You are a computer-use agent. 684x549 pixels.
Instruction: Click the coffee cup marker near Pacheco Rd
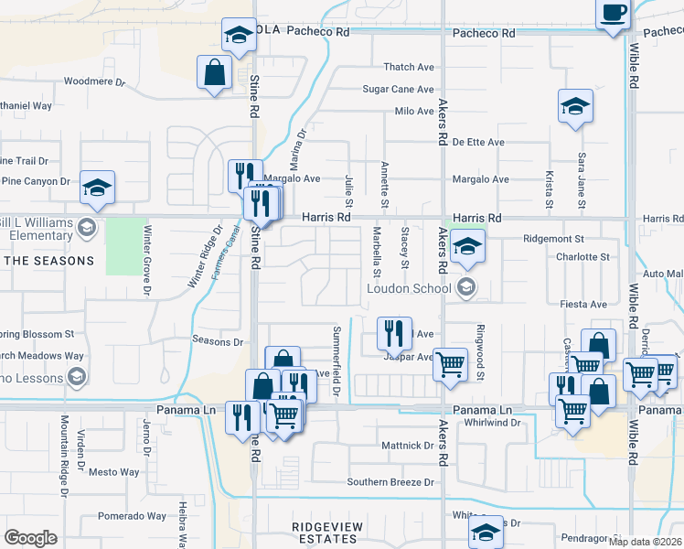[614, 14]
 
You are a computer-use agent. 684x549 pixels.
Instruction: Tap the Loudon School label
[409, 288]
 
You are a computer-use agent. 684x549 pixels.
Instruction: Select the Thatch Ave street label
[409, 67]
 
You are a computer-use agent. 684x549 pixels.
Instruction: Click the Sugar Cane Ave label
[398, 89]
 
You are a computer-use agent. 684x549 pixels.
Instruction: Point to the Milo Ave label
[413, 112]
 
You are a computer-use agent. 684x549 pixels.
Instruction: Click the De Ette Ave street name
[478, 143]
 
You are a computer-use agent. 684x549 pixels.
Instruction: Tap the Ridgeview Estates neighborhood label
[325, 533]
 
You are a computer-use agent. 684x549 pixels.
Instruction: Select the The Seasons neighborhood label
[51, 261]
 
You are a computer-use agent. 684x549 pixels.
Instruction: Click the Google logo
[30, 537]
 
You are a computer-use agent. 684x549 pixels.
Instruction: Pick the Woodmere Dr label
[94, 81]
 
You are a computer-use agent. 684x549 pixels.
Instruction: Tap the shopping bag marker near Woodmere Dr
[215, 72]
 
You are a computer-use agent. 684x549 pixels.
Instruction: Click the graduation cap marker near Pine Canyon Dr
[97, 188]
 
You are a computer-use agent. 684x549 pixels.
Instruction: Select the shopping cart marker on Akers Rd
[450, 363]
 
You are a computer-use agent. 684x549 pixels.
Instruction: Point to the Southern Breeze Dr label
[390, 482]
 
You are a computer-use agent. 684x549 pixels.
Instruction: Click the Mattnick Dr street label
[407, 446]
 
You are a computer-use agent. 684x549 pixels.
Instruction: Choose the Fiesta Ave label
[582, 303]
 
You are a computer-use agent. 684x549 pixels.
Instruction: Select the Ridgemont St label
[553, 238]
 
